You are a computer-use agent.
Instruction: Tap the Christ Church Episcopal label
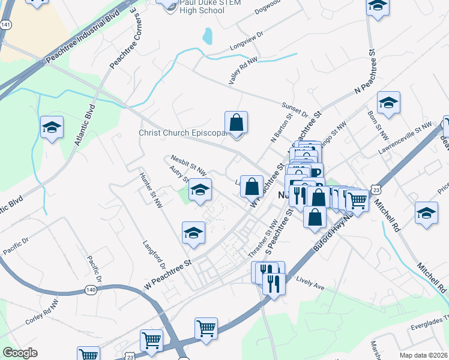pyautogui.click(x=184, y=133)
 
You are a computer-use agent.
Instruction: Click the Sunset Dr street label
pyautogui.click(x=295, y=109)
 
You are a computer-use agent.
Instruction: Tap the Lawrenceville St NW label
pyautogui.click(x=408, y=134)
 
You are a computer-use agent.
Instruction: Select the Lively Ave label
pyautogui.click(x=310, y=284)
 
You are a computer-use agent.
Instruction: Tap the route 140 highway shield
pyautogui.click(x=91, y=290)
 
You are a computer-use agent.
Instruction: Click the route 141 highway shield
pyautogui.click(x=5, y=25)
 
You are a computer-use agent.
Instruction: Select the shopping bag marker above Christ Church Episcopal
pyautogui.click(x=237, y=122)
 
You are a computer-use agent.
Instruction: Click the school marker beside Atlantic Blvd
pyautogui.click(x=52, y=127)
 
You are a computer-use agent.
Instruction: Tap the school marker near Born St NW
pyautogui.click(x=388, y=103)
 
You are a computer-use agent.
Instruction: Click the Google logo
pyautogui.click(x=20, y=353)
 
